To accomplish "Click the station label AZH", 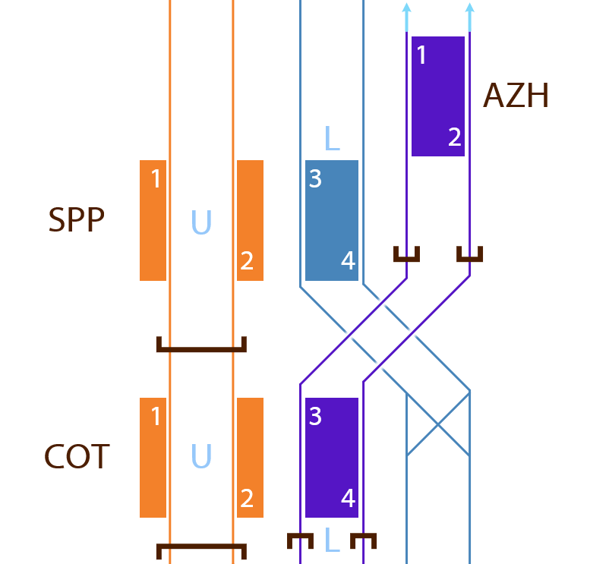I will point(516,96).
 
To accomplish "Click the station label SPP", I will point(76,220).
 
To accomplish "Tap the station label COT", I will point(77,458).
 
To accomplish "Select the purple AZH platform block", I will point(437,96).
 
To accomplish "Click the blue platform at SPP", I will point(331,220).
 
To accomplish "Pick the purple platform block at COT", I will point(331,458).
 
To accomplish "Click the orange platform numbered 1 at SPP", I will point(153,220).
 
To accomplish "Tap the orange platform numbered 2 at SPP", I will point(250,220).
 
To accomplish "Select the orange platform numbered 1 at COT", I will point(153,458).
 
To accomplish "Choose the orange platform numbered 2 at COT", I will point(250,458).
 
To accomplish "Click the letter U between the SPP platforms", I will point(201,222).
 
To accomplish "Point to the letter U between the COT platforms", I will point(201,457).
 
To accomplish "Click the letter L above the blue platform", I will point(331,139).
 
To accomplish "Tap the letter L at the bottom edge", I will point(331,540).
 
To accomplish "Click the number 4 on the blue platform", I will point(348,261).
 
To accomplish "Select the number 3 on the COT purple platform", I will point(316,417).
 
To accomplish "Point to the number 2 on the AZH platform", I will point(454,137).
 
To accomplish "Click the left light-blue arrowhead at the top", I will point(406,9).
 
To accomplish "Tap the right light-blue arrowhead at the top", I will point(469,9).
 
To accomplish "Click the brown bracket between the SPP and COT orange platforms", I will point(201,348).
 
